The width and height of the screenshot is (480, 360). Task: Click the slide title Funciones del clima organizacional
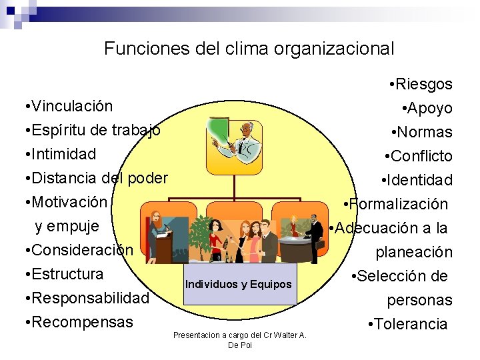click(x=249, y=49)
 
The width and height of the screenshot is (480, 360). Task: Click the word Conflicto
click(x=422, y=156)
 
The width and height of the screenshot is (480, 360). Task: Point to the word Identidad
click(x=420, y=180)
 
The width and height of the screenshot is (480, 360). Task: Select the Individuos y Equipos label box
click(x=239, y=285)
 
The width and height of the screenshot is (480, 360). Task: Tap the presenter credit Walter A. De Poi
click(x=239, y=339)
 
